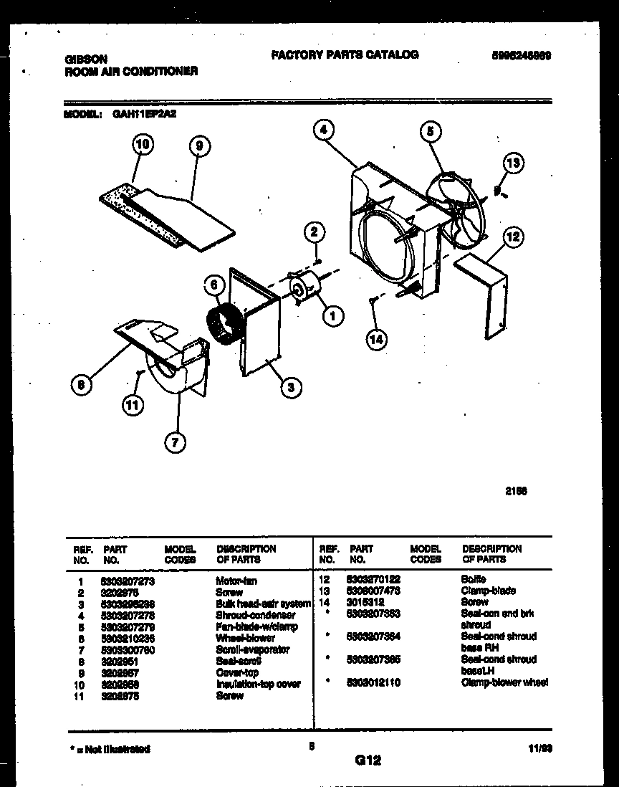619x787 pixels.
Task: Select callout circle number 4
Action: click(324, 130)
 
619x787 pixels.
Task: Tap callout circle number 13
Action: click(513, 163)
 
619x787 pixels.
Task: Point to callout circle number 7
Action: click(173, 442)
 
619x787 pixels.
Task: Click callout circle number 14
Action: click(376, 339)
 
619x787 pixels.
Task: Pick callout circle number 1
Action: click(332, 314)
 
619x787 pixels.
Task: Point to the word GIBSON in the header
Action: click(86, 60)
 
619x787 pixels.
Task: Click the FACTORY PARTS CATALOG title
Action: click(345, 54)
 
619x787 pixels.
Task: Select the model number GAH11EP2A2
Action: click(145, 113)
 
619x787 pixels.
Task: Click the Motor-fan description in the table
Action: click(236, 581)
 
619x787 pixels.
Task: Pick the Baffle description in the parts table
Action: click(474, 578)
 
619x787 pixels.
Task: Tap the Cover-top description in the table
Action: click(237, 673)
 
